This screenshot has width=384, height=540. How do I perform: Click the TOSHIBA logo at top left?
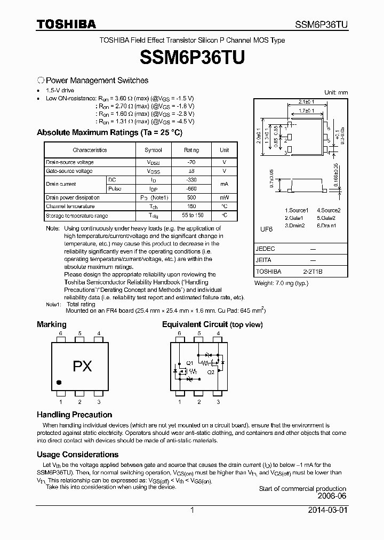[66, 24]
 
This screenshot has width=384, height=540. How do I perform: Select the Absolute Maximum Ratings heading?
[109, 132]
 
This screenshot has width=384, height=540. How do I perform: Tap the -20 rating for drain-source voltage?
[191, 162]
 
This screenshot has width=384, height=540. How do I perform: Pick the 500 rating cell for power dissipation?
[191, 197]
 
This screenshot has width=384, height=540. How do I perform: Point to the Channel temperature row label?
[70, 207]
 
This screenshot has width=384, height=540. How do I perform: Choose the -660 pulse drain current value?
[191, 189]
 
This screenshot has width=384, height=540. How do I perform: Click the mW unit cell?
[225, 197]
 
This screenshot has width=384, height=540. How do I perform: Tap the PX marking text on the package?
[82, 367]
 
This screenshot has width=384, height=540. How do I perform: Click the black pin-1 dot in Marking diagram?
[59, 382]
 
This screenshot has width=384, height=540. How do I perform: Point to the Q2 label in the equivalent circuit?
[211, 372]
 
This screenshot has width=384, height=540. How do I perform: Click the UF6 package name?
[266, 229]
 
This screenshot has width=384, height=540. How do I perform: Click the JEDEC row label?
[266, 249]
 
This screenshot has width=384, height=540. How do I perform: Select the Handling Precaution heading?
[74, 415]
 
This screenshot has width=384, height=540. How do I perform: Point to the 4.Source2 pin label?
[329, 210]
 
